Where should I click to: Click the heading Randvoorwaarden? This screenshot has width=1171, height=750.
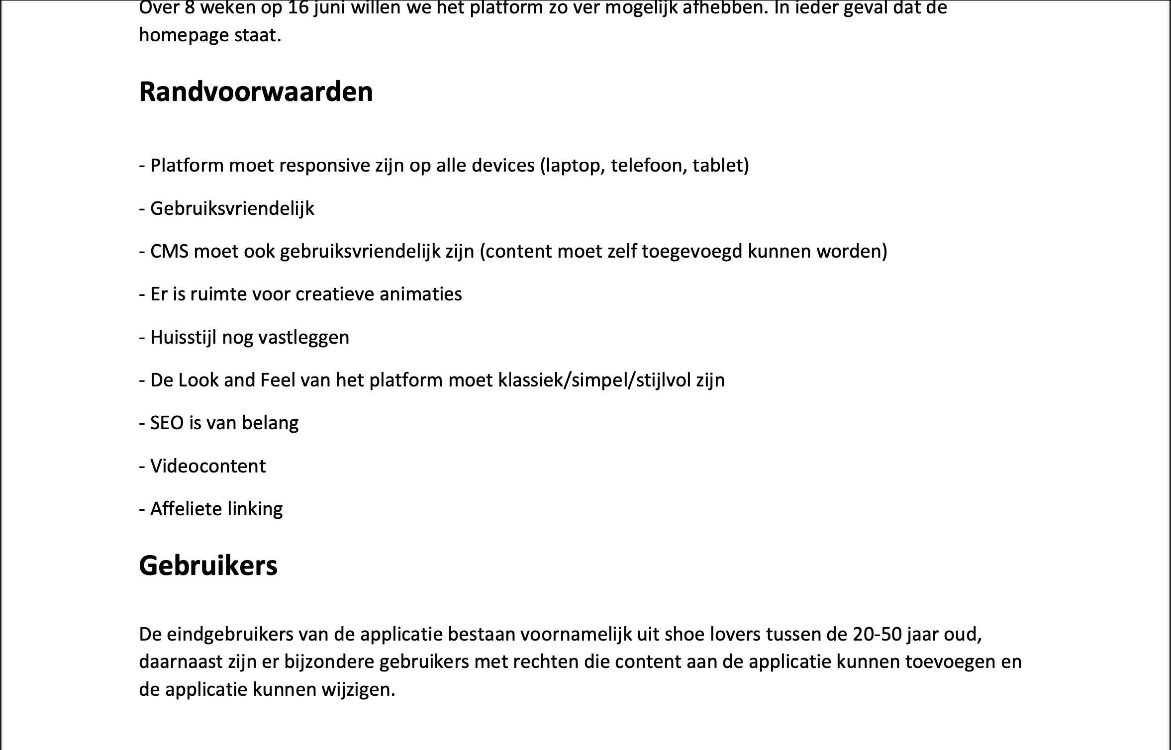coord(256,92)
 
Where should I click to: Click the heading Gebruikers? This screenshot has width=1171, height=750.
coord(208,566)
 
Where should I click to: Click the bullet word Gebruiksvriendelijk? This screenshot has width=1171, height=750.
coord(232,208)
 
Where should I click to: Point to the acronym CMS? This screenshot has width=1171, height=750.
coord(169,252)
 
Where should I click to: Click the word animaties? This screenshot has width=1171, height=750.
coord(420,294)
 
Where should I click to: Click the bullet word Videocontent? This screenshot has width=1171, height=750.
coord(208,467)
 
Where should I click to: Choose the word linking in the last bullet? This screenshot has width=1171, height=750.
coord(255,509)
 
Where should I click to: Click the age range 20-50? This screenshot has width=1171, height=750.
coord(877,635)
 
